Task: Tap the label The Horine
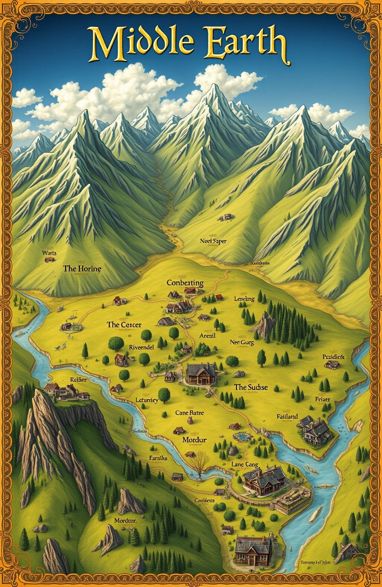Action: (82, 268)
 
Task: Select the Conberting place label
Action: (185, 283)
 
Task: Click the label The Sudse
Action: (251, 387)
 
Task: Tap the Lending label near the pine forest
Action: (244, 299)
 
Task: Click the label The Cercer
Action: (124, 325)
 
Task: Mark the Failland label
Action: (287, 417)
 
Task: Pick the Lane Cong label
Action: (245, 464)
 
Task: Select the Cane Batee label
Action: (190, 412)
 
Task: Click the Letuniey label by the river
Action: (147, 400)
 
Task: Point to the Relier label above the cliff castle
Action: (78, 380)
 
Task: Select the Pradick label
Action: (333, 357)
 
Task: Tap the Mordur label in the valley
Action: (194, 440)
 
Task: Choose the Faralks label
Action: (158, 458)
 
